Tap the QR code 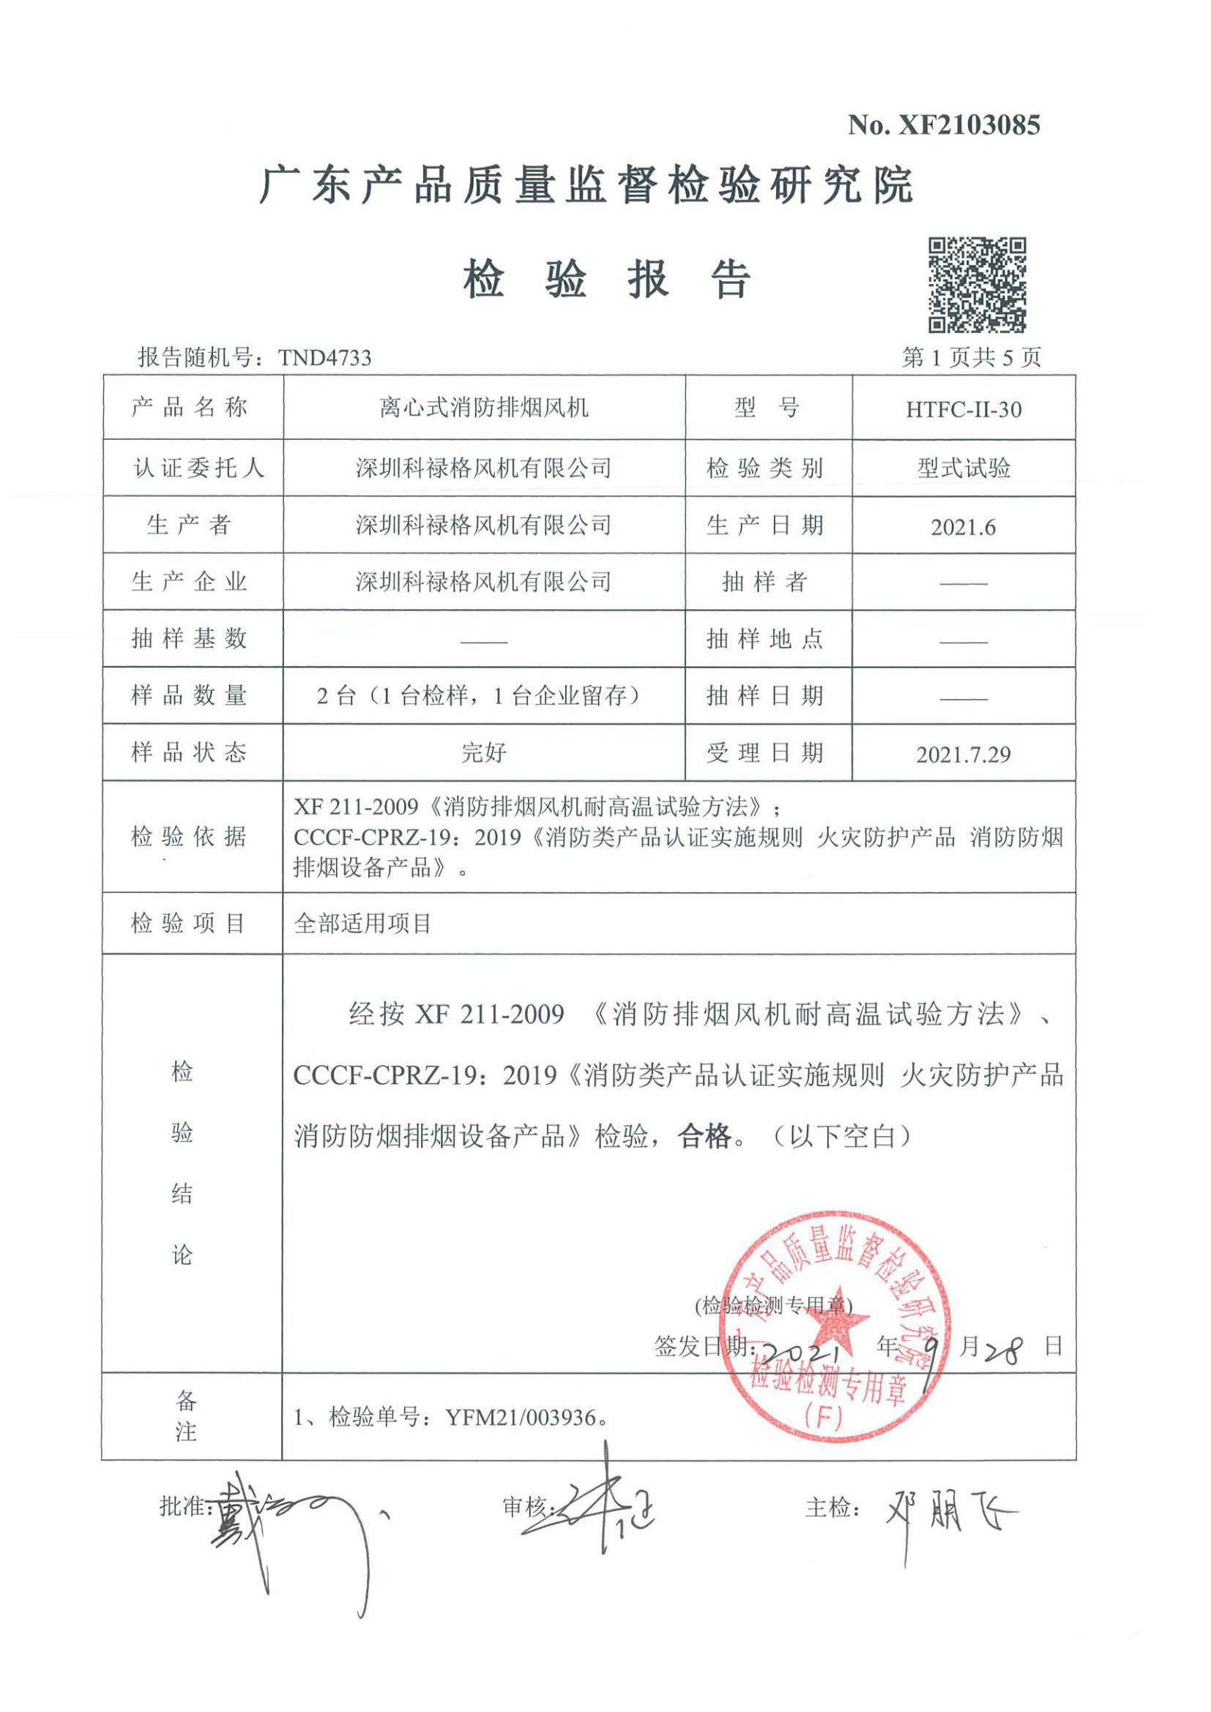click(977, 285)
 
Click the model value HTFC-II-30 click(964, 409)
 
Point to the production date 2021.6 click(963, 527)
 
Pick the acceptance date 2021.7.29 click(964, 755)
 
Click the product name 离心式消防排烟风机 click(484, 408)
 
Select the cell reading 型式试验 click(964, 468)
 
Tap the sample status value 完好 click(484, 752)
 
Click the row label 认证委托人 click(198, 468)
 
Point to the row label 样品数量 click(189, 695)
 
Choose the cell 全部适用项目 click(362, 924)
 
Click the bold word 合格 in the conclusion click(704, 1137)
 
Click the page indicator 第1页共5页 click(971, 358)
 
